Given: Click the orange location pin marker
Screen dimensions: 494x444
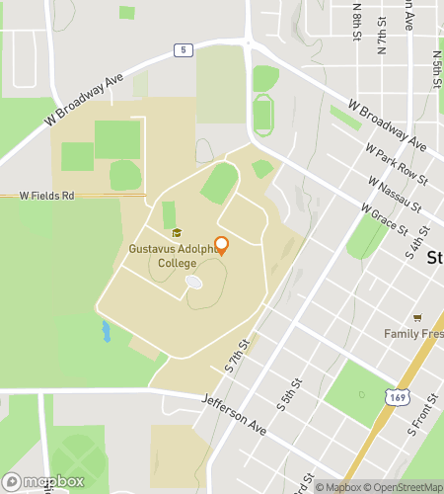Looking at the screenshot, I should click(x=221, y=246).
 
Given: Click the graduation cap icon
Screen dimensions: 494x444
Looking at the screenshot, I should click(x=178, y=233).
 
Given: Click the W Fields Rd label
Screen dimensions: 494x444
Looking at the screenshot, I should click(x=47, y=196).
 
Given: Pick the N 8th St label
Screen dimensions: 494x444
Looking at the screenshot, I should click(x=356, y=18).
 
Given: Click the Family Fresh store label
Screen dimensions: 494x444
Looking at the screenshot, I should click(x=414, y=333).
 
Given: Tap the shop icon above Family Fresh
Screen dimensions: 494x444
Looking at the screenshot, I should click(x=417, y=317).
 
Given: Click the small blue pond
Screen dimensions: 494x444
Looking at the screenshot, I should click(x=106, y=331).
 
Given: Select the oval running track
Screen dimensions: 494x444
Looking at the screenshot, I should click(x=262, y=115).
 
